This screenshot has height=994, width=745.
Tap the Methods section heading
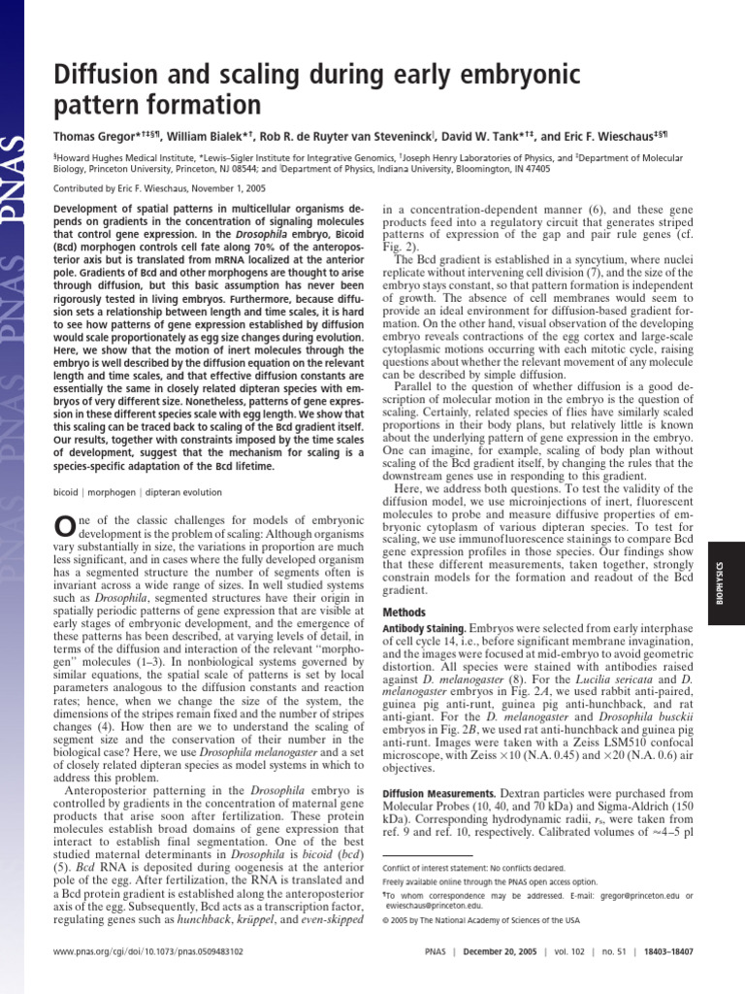pyautogui.click(x=405, y=613)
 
